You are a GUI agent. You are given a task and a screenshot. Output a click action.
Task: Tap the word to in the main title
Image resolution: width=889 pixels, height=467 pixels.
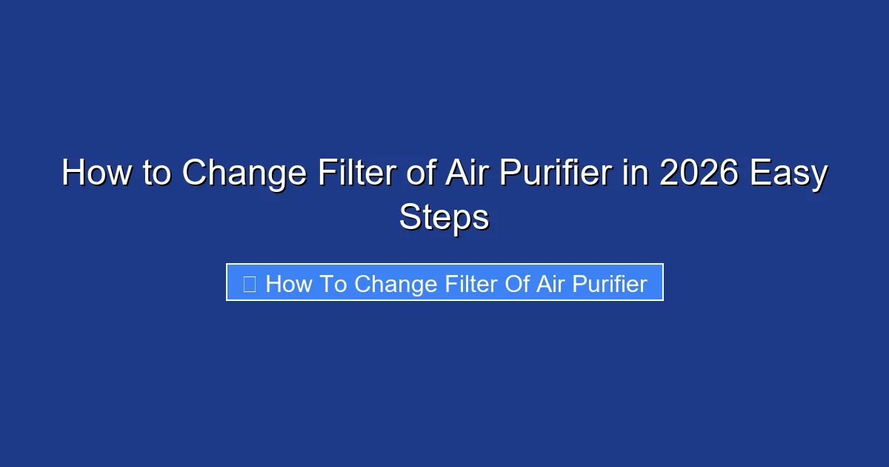point(156,174)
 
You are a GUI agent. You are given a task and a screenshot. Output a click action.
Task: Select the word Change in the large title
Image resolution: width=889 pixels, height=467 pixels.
point(244,174)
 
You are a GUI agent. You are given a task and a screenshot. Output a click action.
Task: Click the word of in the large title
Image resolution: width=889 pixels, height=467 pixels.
point(422,174)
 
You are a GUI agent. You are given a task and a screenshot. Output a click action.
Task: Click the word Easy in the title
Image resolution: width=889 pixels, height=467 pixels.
point(788,174)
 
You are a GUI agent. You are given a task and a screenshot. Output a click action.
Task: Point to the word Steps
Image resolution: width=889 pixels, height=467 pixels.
point(444,219)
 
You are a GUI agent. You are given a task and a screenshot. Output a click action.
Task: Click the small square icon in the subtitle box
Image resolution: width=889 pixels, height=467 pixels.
point(250,283)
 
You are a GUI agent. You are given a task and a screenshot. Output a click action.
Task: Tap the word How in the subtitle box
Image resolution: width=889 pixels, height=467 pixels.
point(289,283)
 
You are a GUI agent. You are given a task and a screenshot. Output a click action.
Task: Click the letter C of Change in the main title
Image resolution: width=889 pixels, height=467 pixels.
point(194,174)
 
